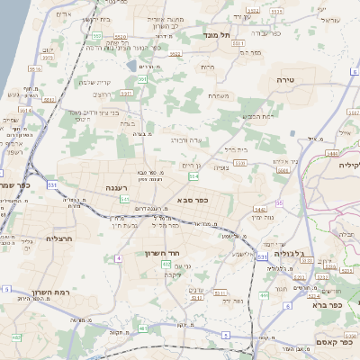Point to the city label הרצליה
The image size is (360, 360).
[56, 239]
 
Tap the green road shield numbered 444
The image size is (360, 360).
[264, 293]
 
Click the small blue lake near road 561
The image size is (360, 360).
[132, 66]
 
